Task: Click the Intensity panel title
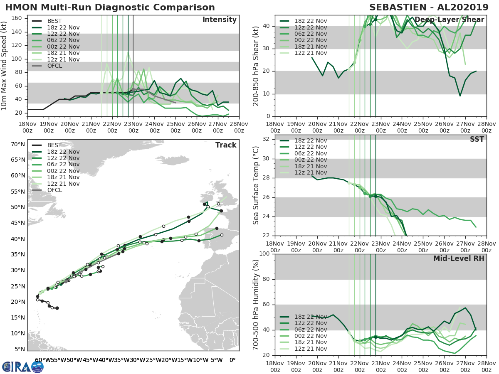(219, 20)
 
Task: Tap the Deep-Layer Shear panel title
(449, 20)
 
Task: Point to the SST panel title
(477, 139)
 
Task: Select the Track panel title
(226, 145)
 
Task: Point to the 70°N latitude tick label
(18, 144)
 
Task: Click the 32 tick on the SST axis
(265, 139)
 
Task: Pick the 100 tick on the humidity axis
(264, 253)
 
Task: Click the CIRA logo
(23, 367)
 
